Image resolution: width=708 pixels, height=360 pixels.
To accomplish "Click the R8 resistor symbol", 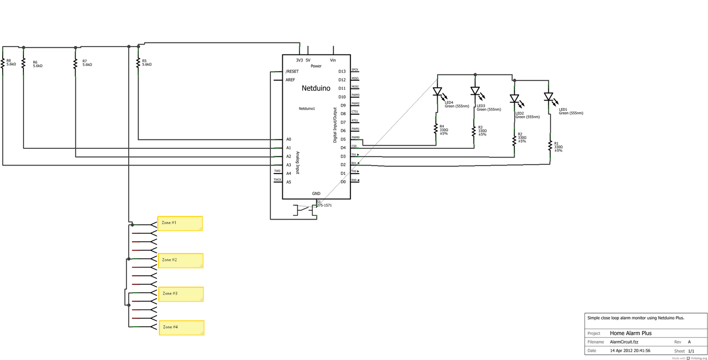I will (3, 63).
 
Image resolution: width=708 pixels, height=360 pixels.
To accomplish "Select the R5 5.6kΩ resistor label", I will (146, 63).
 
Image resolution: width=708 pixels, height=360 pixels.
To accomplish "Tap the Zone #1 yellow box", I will (180, 223).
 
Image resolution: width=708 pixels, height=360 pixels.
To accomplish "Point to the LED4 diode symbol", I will (438, 92).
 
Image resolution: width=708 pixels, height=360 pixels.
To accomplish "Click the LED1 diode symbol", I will (549, 97).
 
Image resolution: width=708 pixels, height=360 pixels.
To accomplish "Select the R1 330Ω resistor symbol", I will (550, 147).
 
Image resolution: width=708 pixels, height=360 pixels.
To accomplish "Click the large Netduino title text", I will (316, 88).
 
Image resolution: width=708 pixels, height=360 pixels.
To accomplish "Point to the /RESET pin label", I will (292, 71).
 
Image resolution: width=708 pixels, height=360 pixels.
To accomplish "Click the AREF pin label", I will (290, 80).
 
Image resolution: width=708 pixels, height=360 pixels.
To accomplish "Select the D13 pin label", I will (342, 71).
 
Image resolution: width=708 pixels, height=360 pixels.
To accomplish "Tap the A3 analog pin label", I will (289, 165).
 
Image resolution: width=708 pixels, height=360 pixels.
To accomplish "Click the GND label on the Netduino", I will (316, 194).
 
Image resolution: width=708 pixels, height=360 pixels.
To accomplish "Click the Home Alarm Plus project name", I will (631, 333).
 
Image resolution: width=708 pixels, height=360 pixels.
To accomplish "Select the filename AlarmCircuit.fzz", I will (624, 342).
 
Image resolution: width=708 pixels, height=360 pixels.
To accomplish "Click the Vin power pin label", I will (333, 60).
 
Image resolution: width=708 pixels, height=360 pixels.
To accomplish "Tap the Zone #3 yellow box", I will (181, 294).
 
